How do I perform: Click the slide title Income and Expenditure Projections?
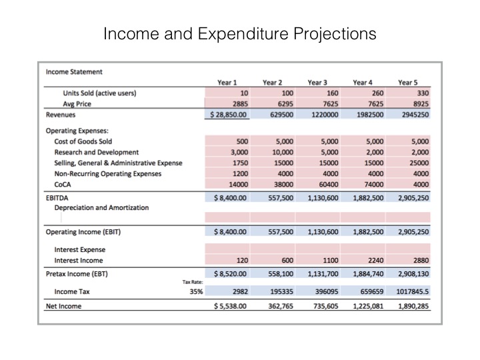click(239, 33)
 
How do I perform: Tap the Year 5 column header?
click(407, 83)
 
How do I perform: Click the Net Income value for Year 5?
click(409, 306)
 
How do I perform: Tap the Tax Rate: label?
click(193, 281)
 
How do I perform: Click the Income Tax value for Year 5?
click(407, 291)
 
